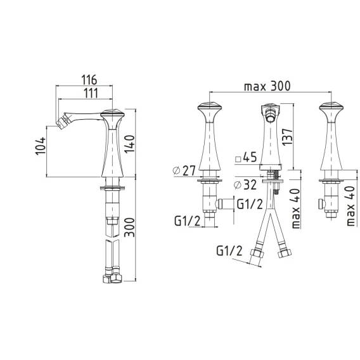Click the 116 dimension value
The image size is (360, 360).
pos(89,80)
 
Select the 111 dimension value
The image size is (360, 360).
pos(90,93)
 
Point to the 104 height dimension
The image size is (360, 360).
pos(41,146)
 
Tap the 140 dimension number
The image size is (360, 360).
pos(129,144)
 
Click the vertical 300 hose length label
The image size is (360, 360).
pos(129,228)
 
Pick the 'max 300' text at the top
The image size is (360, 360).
pos(267,86)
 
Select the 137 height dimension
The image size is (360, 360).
pos(288,137)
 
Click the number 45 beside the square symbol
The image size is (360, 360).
pos(250,157)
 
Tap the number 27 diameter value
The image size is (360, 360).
pos(189,170)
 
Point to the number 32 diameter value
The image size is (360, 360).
pos(250,184)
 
